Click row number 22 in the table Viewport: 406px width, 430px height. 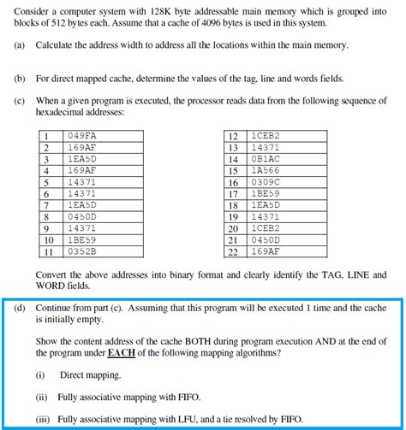click(x=233, y=252)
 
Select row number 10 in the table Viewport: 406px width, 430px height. click(x=48, y=241)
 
